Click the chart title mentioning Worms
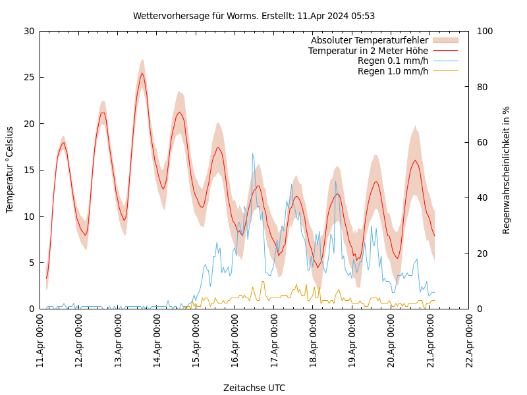click(254, 16)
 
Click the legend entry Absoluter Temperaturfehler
click(369, 40)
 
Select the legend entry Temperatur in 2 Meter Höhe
click(368, 51)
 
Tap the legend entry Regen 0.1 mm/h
click(393, 61)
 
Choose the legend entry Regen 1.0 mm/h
click(393, 71)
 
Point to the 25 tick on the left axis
click(30, 77)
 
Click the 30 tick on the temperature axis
click(30, 31)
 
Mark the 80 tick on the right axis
click(482, 87)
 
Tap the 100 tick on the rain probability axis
click(484, 31)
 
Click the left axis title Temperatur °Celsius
click(10, 169)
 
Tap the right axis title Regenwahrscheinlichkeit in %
click(507, 169)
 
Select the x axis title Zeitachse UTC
click(254, 388)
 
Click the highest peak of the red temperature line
click(142, 73)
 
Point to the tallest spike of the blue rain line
click(252, 154)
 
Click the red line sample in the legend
click(445, 51)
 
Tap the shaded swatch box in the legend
click(445, 40)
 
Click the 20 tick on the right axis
click(482, 253)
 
